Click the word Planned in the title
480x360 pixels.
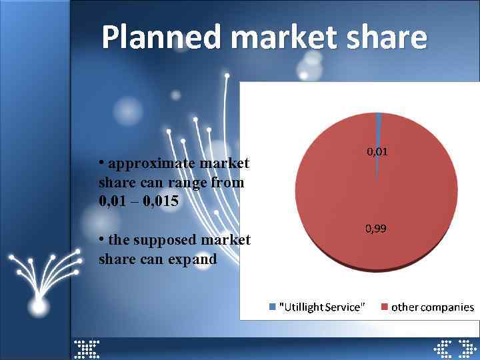[x=161, y=37]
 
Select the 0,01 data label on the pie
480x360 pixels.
[x=377, y=152]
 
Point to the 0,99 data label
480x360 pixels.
[x=375, y=229]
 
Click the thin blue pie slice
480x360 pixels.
[x=378, y=133]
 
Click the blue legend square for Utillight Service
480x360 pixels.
[x=272, y=307]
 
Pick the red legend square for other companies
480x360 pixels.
[x=384, y=307]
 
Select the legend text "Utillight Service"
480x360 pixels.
[x=322, y=307]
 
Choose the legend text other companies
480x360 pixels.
[x=433, y=307]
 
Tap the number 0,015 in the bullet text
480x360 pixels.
[x=161, y=201]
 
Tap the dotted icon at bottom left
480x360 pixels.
[x=87, y=347]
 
